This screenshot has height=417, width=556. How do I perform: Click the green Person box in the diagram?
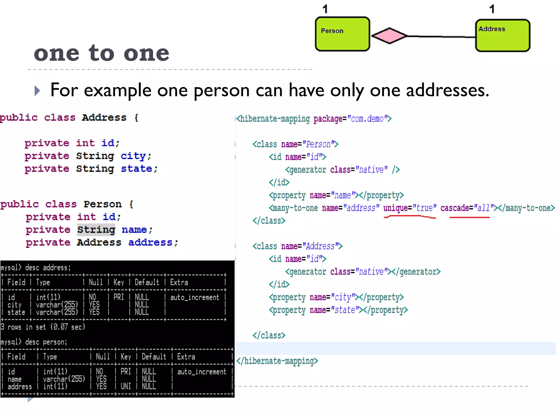342,34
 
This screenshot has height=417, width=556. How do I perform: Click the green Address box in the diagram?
503,36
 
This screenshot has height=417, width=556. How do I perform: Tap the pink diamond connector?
389,36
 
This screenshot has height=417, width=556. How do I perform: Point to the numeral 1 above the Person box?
325,9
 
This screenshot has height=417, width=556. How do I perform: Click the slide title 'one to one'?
102,53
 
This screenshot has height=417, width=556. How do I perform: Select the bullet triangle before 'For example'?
37,91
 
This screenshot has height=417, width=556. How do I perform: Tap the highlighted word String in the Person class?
96,230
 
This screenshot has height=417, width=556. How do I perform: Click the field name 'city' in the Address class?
133,156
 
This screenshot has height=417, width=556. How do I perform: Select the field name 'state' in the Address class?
136,169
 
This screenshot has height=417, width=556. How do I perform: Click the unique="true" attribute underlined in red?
410,208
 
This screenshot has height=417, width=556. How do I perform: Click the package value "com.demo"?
367,119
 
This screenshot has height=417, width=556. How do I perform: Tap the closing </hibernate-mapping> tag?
277,361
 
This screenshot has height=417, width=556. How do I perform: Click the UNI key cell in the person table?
126,386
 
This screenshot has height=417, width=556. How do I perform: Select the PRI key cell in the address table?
119,297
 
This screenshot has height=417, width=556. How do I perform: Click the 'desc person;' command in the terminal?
46,342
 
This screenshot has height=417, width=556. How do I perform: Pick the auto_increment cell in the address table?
194,297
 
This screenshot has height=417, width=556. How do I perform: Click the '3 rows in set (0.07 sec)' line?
43,327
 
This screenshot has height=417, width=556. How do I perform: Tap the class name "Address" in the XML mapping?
320,246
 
